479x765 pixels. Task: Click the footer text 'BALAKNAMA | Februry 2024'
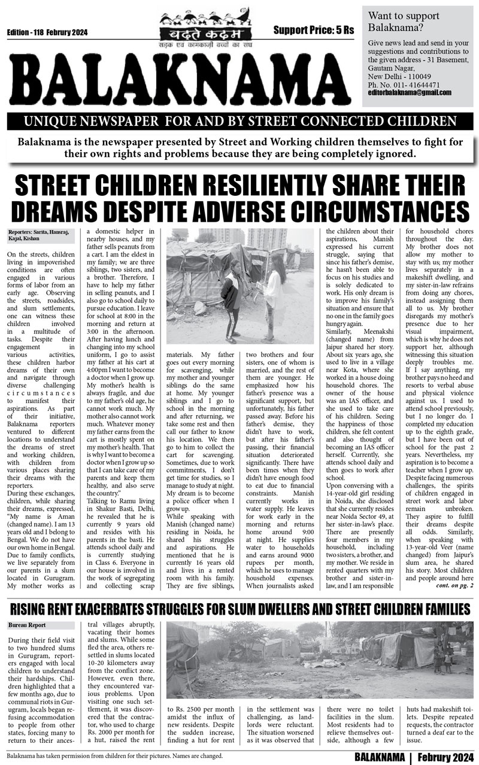(413, 756)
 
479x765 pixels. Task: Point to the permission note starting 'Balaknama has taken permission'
(114, 756)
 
